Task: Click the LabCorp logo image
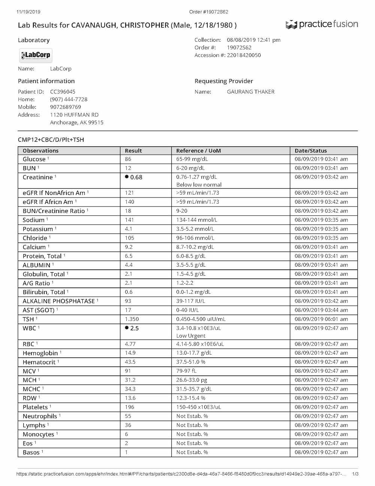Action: tap(36, 55)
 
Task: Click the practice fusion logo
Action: tap(322, 25)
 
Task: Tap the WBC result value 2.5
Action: tap(134, 328)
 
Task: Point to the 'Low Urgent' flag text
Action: tap(191, 336)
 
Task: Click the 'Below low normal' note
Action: tap(199, 185)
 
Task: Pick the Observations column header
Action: tap(40, 151)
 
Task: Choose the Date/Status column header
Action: tap(310, 151)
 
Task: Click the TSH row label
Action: tap(28, 319)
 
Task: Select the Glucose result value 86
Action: tap(128, 159)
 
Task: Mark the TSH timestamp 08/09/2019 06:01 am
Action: tap(321, 319)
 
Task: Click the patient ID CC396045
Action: tap(63, 92)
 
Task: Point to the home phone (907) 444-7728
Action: tap(69, 100)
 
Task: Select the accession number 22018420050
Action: tap(244, 55)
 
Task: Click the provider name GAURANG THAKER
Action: tap(250, 92)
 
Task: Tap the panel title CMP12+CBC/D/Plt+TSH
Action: tap(51, 140)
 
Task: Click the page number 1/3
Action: tap(355, 474)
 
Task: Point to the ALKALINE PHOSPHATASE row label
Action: tap(58, 301)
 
